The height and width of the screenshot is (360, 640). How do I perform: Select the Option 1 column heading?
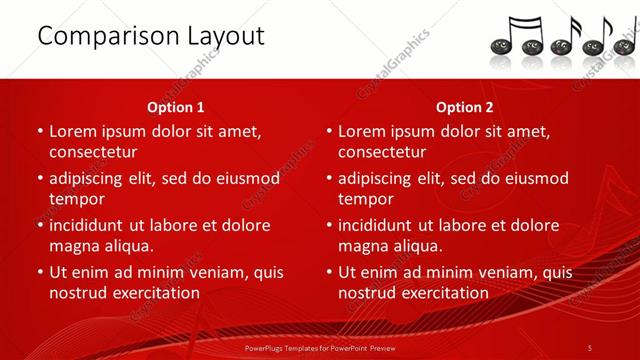(176, 107)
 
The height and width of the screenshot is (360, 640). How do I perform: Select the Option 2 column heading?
(465, 107)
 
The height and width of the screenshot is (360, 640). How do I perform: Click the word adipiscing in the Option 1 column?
(93, 179)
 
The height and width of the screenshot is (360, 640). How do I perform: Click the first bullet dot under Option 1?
(40, 131)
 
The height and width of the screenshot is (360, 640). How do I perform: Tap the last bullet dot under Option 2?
(329, 272)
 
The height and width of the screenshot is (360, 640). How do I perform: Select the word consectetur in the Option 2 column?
(382, 152)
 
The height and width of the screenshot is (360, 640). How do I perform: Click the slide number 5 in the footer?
(590, 347)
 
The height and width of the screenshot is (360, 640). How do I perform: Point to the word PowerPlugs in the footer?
(265, 347)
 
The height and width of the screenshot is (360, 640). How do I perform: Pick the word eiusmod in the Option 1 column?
(246, 179)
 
